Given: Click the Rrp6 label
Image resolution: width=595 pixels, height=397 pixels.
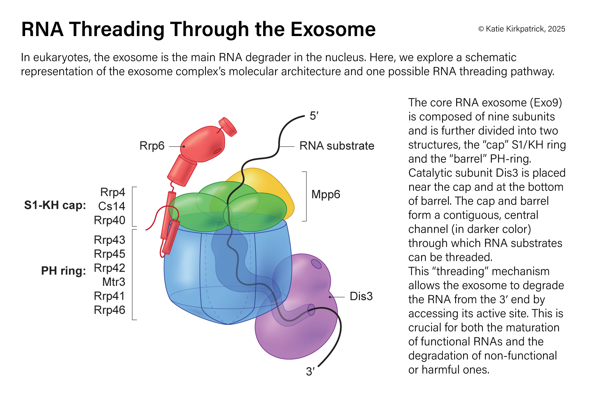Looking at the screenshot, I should coord(152,146).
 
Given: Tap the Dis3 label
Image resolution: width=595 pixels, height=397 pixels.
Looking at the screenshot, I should coord(361,296).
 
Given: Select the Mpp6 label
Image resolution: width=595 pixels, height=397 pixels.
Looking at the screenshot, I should coord(326,195).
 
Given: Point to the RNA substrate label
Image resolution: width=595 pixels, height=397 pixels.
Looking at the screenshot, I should coord(337,146).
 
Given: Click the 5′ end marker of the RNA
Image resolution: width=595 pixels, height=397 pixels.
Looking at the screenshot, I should coord(314,116).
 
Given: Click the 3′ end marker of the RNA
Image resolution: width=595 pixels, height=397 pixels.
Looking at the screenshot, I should coord(310,372).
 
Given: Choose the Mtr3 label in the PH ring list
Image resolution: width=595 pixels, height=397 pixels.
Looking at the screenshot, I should coord(113,282).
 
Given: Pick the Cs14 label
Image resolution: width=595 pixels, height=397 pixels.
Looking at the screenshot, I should coord(111,206).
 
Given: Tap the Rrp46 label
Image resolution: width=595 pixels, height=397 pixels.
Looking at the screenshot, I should coord(109,310).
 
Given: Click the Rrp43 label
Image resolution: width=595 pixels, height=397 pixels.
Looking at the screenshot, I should coord(109,240).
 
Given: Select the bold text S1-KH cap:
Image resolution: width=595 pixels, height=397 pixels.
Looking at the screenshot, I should coord(55,205).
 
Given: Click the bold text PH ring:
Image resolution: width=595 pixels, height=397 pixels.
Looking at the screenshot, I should coord(63,271).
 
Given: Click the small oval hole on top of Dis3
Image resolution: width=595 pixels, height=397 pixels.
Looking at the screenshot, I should coord(316,264).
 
